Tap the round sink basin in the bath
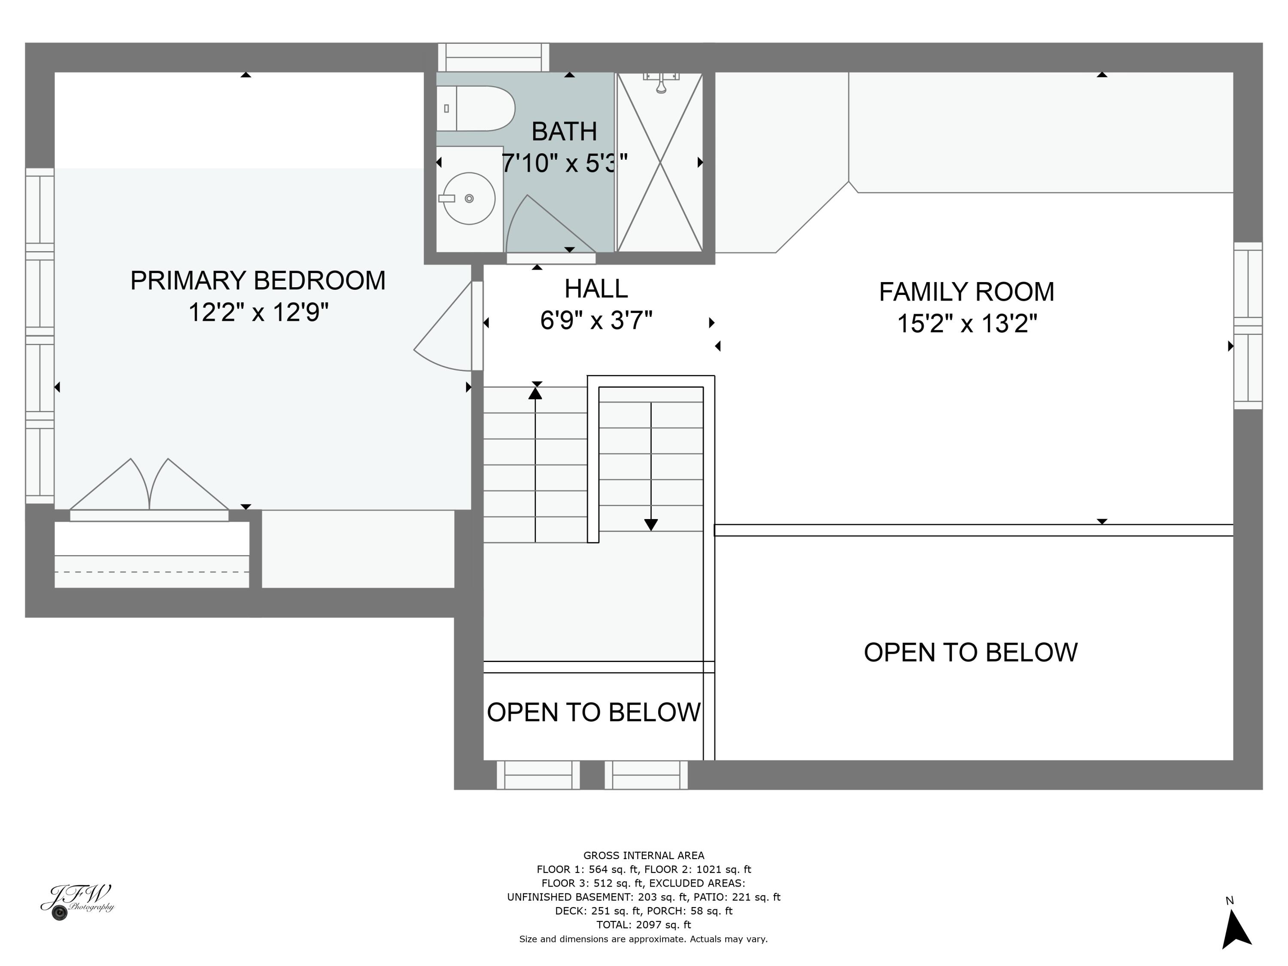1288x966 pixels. [x=469, y=198]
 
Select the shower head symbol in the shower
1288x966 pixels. [x=661, y=82]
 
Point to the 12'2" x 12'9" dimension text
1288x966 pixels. [x=258, y=313]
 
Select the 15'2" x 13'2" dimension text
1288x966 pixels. [x=966, y=324]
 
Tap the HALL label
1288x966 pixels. [x=595, y=289]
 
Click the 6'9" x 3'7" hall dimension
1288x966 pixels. [x=595, y=321]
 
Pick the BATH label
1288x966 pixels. [x=564, y=132]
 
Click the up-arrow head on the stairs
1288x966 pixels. [x=535, y=394]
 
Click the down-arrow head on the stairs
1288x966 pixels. [x=650, y=525]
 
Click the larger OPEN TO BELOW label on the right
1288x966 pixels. [x=970, y=653]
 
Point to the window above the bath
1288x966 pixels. [x=493, y=57]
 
